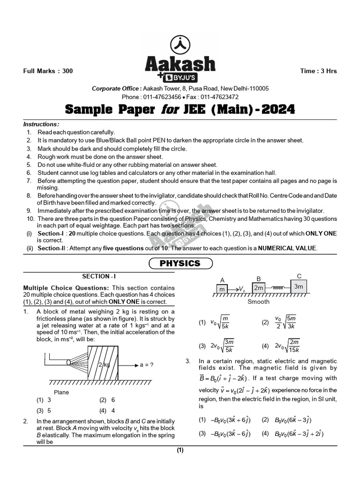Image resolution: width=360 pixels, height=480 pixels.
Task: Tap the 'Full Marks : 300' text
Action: click(x=48, y=71)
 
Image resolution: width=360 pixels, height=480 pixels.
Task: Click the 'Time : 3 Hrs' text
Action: click(x=318, y=71)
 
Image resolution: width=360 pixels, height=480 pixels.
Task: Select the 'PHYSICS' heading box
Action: click(x=180, y=263)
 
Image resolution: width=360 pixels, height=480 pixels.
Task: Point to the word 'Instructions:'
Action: click(x=41, y=124)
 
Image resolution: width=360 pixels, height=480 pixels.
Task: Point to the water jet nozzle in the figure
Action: click(x=69, y=362)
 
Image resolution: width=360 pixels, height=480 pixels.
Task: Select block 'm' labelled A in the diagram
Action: click(x=222, y=288)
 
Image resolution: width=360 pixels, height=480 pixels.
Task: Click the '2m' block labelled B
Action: click(x=258, y=288)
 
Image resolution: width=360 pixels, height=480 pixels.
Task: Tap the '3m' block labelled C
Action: click(x=299, y=286)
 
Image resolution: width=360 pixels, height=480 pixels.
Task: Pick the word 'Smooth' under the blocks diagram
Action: click(x=258, y=302)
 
